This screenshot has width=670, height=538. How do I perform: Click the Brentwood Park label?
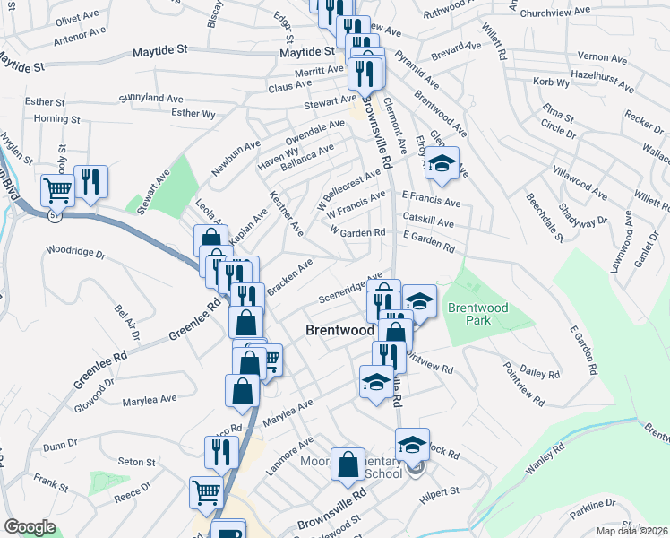coord(477,314)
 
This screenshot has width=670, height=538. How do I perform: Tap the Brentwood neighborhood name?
coord(339,330)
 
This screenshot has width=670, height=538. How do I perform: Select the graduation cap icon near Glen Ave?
coord(441,164)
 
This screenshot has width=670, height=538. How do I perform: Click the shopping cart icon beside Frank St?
coord(206,491)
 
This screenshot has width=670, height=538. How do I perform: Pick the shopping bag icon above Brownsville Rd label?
coord(348,464)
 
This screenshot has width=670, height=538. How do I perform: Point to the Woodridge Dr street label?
coord(75,253)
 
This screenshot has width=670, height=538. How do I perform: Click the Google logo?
coord(30,527)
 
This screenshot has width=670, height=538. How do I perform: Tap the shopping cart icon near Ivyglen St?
coord(57,189)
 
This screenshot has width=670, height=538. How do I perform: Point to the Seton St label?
coord(137,462)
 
